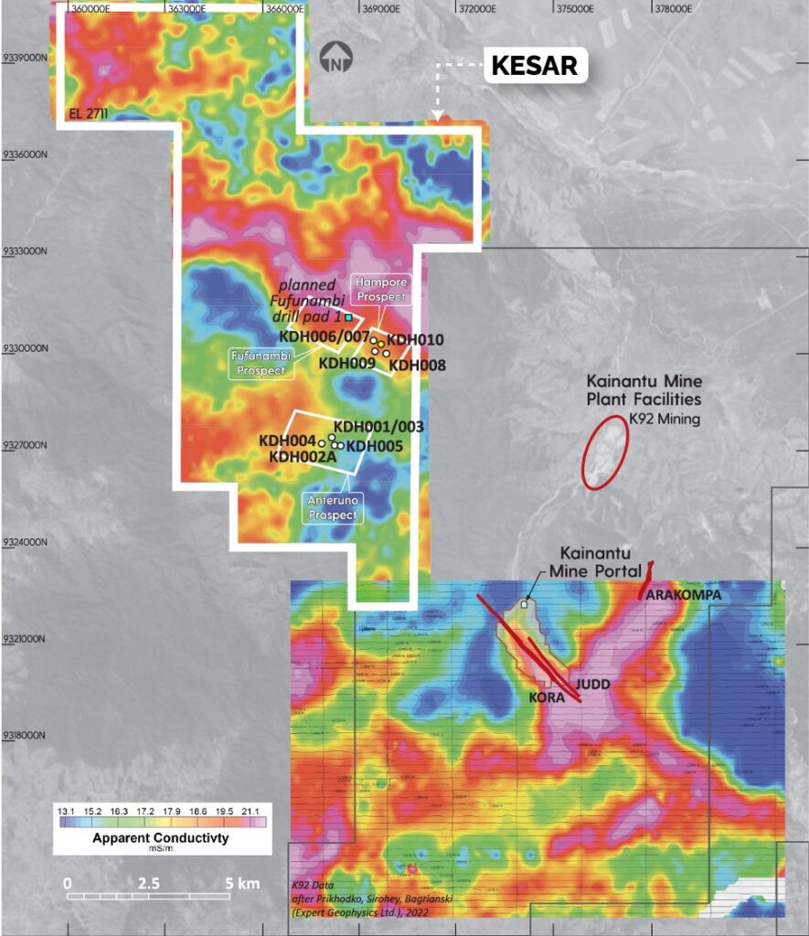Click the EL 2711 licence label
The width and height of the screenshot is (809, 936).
[87, 115]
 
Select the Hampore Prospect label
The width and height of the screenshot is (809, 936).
[382, 289]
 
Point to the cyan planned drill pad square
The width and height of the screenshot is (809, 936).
[347, 316]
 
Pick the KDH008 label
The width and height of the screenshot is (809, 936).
[418, 366]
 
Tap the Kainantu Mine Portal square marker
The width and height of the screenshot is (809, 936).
[524, 604]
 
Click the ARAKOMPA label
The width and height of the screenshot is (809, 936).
[682, 594]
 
